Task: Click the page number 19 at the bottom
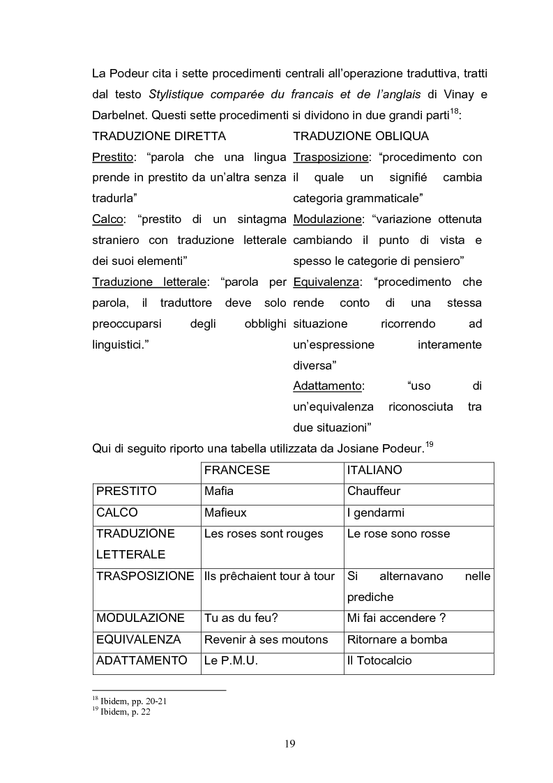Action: click(290, 743)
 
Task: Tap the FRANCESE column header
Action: click(236, 470)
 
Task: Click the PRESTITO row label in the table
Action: click(126, 491)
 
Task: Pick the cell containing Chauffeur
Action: click(373, 491)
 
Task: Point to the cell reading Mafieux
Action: click(225, 512)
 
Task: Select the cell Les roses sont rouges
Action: click(264, 533)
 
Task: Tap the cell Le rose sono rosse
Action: click(398, 533)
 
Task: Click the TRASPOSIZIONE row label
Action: click(145, 576)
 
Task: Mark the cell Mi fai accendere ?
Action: click(396, 618)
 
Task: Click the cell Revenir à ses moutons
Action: click(265, 639)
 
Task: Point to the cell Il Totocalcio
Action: click(379, 660)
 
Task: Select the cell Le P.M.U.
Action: click(231, 660)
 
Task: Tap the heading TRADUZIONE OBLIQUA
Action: click(361, 136)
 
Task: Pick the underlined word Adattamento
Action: click(327, 386)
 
